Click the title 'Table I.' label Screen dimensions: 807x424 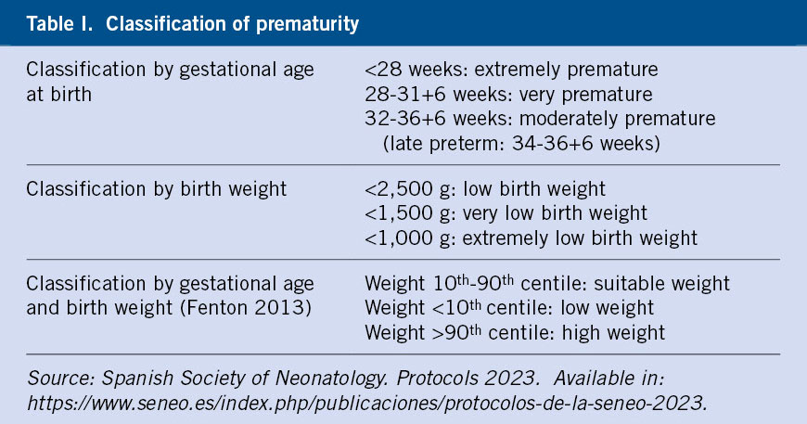[x=59, y=24]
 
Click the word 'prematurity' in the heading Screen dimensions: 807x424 [x=307, y=25]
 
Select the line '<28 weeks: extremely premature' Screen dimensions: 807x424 [x=511, y=70]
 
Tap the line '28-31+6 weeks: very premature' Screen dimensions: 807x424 [x=508, y=95]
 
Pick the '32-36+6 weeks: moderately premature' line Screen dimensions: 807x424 [x=540, y=119]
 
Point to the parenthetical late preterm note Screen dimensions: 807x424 [x=521, y=144]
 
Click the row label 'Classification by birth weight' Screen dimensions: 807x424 [x=156, y=189]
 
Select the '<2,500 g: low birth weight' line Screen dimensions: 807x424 [x=485, y=189]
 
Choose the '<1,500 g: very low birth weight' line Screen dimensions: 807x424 [x=506, y=213]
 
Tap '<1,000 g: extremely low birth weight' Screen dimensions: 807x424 [x=531, y=238]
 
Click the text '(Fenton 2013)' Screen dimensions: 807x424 [x=250, y=308]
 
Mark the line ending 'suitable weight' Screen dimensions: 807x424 [x=547, y=284]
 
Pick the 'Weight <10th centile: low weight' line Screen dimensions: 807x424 [x=509, y=308]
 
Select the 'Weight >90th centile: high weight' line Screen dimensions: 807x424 [x=515, y=332]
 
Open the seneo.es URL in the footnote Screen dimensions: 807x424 [x=367, y=403]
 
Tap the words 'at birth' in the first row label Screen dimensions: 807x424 [x=59, y=95]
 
